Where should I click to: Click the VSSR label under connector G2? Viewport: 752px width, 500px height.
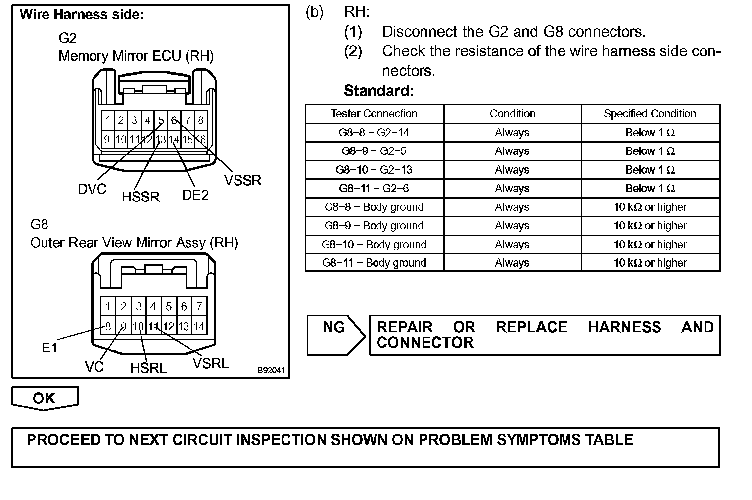[x=242, y=180]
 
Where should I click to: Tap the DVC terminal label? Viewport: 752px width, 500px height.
[x=92, y=189]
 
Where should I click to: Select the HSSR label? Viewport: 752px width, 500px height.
[x=141, y=197]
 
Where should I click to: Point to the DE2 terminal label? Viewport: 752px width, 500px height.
[x=195, y=195]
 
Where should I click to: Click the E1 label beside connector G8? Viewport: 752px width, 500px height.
[x=49, y=348]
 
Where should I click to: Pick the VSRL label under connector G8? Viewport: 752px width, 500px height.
[x=211, y=364]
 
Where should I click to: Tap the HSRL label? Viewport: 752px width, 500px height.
[x=148, y=368]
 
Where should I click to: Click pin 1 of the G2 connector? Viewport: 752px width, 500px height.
[x=107, y=120]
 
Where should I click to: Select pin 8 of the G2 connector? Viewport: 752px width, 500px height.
[x=200, y=120]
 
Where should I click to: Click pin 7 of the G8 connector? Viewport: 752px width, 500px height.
[x=199, y=306]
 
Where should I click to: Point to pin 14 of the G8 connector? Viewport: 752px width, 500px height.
[x=199, y=327]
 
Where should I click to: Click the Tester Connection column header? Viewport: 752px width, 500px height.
[x=374, y=114]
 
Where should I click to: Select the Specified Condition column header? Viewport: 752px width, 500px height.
[x=650, y=114]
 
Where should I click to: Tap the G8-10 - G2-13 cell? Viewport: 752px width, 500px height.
[x=374, y=170]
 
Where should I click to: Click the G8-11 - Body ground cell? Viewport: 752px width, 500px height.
[x=374, y=263]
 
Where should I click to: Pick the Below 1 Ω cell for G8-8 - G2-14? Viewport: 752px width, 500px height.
[x=650, y=133]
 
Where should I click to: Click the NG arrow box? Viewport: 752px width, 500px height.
[x=334, y=335]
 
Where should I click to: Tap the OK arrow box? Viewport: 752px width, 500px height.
[x=45, y=398]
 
